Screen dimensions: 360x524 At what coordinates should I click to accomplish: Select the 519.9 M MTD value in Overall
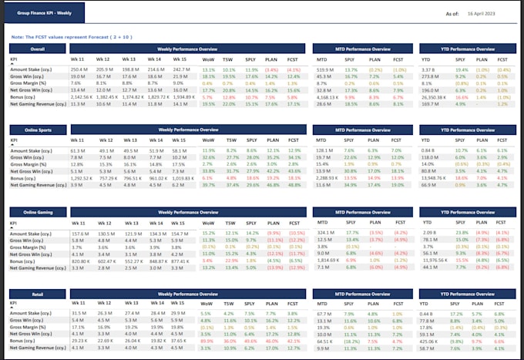click(326, 69)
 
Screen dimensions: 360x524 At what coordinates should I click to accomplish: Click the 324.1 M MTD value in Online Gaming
click(325, 233)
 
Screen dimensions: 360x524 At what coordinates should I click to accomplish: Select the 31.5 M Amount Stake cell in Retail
click(77, 314)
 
